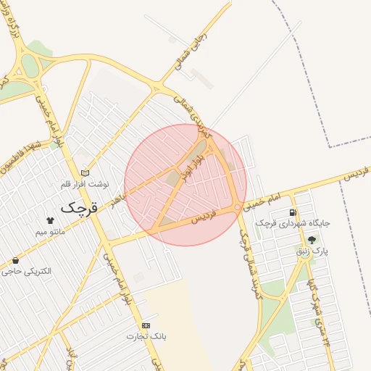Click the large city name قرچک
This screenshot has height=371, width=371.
point(78,207)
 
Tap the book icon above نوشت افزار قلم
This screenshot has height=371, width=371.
point(86,173)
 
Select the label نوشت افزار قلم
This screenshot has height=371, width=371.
point(86,185)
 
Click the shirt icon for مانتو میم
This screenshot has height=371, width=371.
point(50,220)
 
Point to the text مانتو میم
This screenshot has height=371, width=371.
point(50,232)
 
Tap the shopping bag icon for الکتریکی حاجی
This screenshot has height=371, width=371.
point(16,260)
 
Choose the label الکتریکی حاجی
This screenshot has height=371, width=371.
point(27,272)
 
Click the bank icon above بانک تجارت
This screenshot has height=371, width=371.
point(146,325)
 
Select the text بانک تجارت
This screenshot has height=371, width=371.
point(146,337)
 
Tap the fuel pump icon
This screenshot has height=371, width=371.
point(292,212)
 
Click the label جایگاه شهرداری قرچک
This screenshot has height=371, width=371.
point(293,224)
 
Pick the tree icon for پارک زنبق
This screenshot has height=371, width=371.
point(312,240)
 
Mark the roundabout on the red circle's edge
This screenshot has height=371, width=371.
point(238,209)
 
